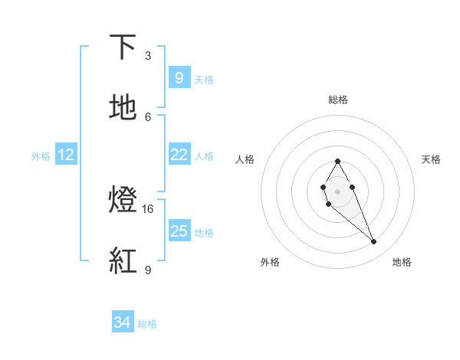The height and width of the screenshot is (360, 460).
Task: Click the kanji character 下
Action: (123, 47)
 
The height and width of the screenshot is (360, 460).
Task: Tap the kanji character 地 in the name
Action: (123, 109)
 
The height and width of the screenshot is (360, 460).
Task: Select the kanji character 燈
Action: (123, 201)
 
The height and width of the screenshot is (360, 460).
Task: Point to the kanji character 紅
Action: (123, 262)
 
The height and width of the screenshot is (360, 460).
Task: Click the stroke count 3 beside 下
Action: (148, 55)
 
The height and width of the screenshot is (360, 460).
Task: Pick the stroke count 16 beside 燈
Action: (148, 208)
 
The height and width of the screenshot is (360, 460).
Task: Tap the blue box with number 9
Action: (179, 78)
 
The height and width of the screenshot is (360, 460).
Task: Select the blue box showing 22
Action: (179, 155)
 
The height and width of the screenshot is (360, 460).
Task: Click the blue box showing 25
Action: (179, 231)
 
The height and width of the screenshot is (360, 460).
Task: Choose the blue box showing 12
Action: (66, 155)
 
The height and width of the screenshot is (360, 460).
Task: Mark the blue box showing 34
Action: (122, 323)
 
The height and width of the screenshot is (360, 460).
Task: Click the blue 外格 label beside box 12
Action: (41, 155)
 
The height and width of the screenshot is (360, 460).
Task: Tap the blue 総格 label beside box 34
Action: (147, 324)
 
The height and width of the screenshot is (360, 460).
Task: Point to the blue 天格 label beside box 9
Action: (204, 79)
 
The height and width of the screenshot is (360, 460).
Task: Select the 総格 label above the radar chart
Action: (338, 100)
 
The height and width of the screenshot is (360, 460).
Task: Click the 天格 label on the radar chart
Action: (432, 159)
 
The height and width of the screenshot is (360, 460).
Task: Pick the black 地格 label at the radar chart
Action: (402, 263)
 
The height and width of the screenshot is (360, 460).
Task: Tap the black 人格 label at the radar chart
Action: (245, 159)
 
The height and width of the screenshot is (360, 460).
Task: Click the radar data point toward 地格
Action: (374, 242)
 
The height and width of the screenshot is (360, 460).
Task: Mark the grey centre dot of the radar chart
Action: (337, 191)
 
